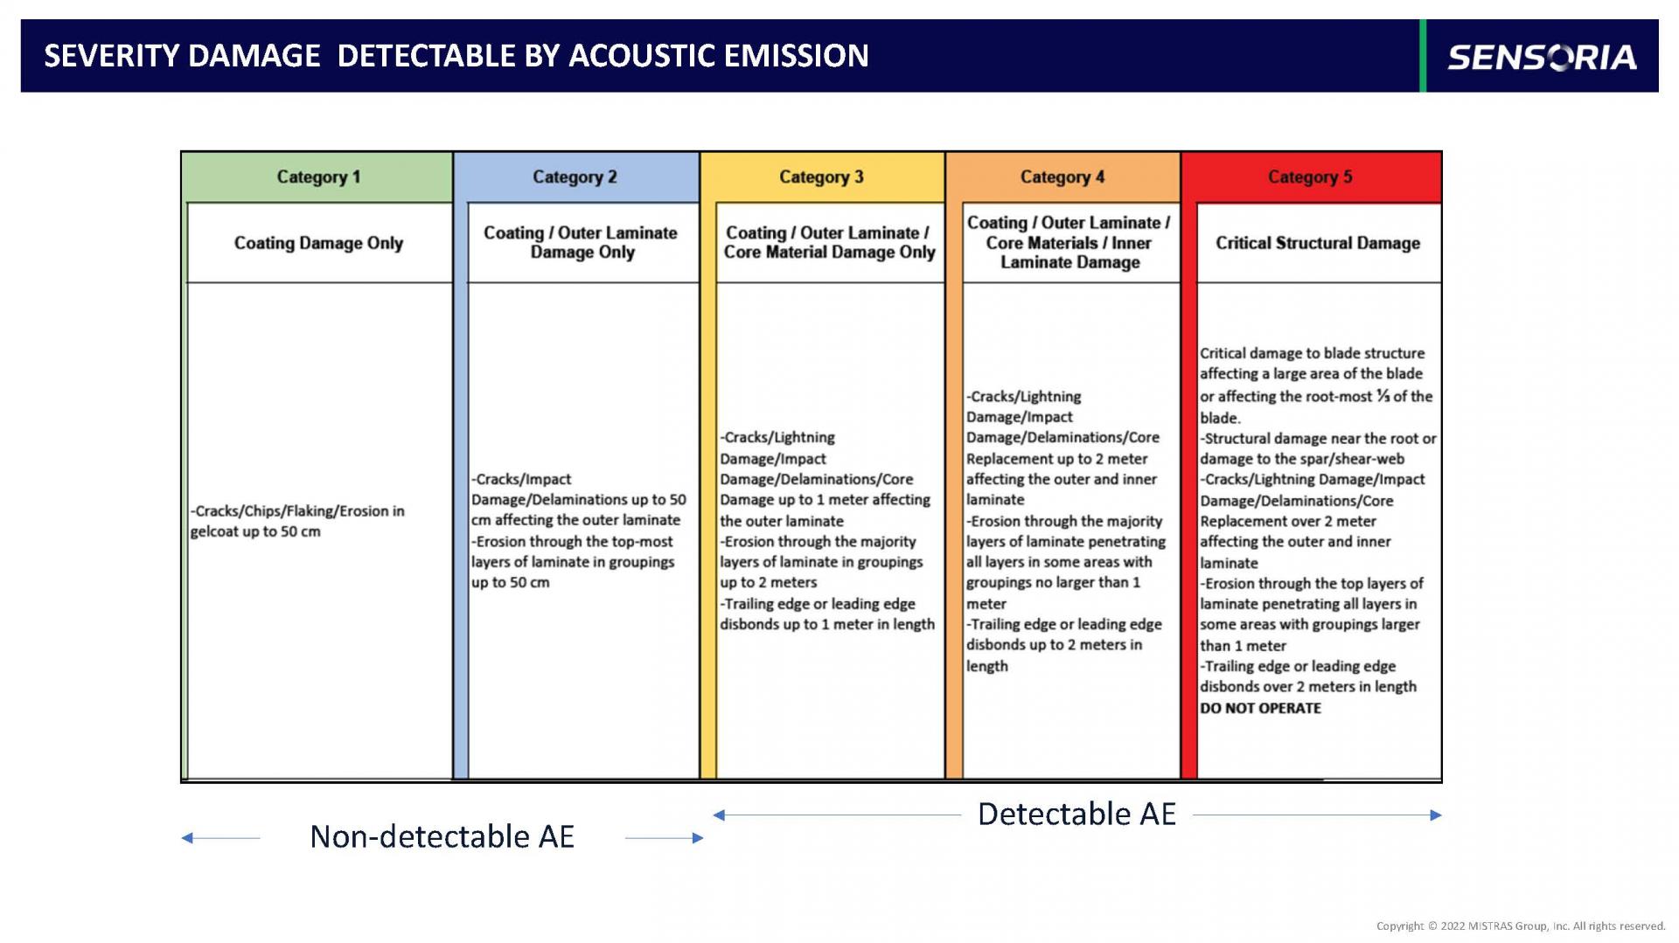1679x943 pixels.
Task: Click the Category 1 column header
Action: (x=318, y=177)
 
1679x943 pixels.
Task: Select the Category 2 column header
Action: (x=575, y=177)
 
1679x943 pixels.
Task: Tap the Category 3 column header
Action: (x=822, y=177)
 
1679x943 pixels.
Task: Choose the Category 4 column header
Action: (x=1062, y=177)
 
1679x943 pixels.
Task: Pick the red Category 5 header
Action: (x=1311, y=177)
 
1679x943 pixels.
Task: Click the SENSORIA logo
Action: (x=1542, y=58)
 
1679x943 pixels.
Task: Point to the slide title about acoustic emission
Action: (x=456, y=56)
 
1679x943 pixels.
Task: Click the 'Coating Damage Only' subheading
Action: (x=318, y=243)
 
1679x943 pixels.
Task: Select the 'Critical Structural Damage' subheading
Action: (x=1318, y=243)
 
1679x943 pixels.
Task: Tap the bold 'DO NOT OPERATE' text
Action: (x=1260, y=708)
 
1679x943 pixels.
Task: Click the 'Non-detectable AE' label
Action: (x=442, y=836)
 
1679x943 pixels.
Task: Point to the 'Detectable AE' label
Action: (x=1076, y=814)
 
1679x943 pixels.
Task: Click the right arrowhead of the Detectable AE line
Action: (x=1437, y=815)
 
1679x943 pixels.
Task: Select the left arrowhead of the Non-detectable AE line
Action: (x=186, y=838)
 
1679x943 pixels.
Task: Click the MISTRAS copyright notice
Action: (x=1521, y=926)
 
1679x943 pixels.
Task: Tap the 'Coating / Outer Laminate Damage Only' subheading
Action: (x=581, y=242)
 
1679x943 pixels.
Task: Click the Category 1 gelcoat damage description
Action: (x=297, y=521)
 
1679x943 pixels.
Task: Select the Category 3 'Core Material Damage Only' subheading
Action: (x=829, y=242)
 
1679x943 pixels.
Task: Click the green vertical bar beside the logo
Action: (x=1423, y=56)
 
